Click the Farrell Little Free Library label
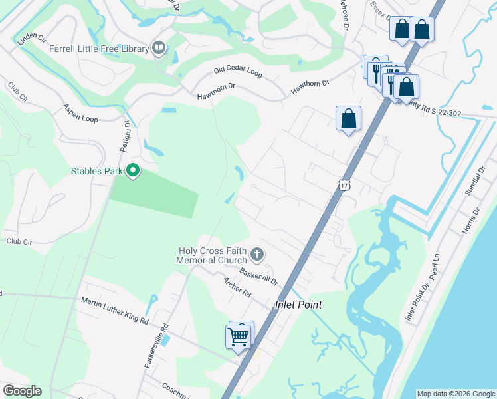tap(97, 48)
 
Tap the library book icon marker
tap(159, 47)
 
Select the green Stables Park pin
tap(133, 171)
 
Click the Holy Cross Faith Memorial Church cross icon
tap(258, 254)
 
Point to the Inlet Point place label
tap(298, 305)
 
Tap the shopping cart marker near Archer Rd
tap(239, 336)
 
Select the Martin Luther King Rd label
tap(114, 311)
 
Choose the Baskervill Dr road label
tap(258, 274)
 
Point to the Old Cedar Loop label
tap(237, 71)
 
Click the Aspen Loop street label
tap(80, 112)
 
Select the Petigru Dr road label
tap(126, 136)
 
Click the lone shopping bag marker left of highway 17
tap(348, 118)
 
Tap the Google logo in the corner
tap(22, 391)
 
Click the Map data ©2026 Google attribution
tap(455, 394)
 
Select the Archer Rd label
tap(237, 287)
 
